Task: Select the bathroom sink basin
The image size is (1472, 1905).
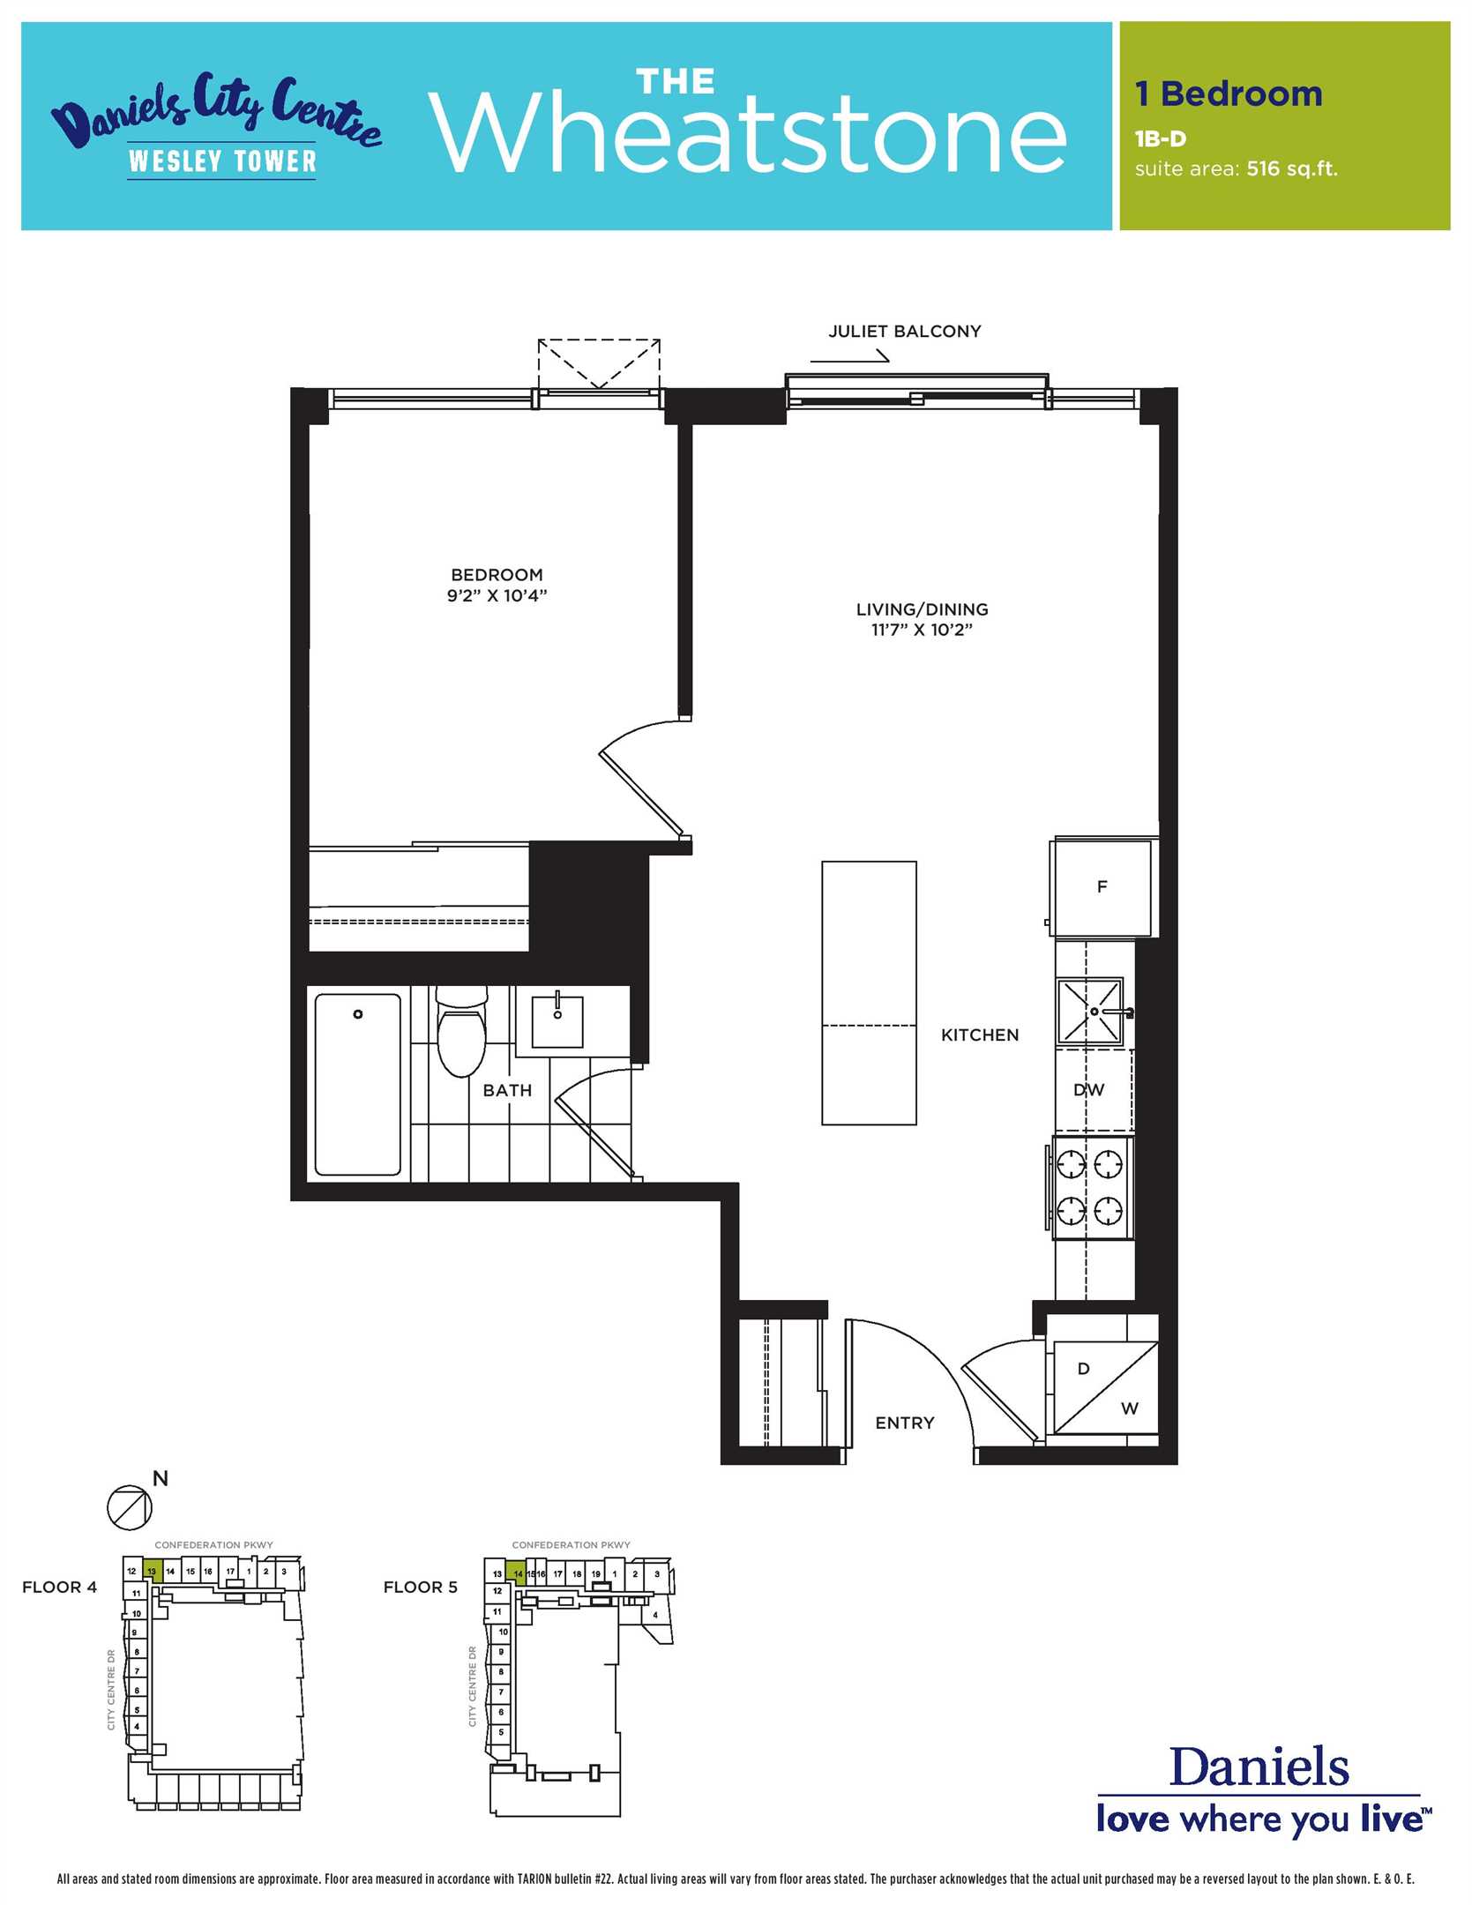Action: (557, 1021)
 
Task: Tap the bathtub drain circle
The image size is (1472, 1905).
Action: (358, 1014)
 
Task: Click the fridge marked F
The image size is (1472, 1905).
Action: (1102, 887)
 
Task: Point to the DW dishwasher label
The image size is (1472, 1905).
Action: (1089, 1089)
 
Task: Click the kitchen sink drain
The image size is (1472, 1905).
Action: (1095, 1012)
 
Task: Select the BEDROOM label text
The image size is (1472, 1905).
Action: (497, 575)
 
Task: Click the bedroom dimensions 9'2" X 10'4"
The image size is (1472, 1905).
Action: (497, 595)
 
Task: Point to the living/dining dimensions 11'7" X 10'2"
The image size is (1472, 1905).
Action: (922, 630)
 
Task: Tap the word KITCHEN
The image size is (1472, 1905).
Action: (980, 1035)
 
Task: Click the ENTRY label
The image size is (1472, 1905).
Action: (905, 1423)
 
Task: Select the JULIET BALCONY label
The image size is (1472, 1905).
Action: (905, 332)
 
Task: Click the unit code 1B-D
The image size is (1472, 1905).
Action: (1161, 138)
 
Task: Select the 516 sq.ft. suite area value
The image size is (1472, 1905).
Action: (1292, 168)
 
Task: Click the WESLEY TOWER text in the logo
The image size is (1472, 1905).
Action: (222, 161)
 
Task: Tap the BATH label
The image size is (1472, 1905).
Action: (507, 1090)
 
